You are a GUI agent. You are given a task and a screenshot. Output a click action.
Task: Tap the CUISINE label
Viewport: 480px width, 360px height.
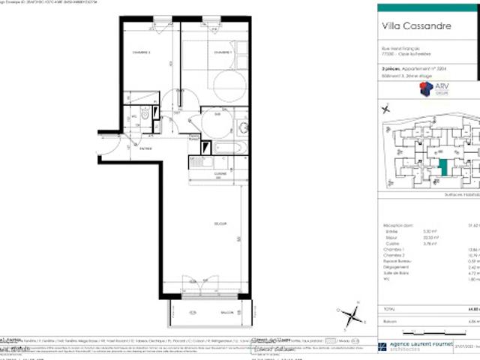[220, 173]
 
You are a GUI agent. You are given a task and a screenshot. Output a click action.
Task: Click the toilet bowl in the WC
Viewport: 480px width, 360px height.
[143, 117]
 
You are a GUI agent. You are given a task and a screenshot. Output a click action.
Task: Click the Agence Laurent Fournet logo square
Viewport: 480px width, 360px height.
[383, 346]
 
